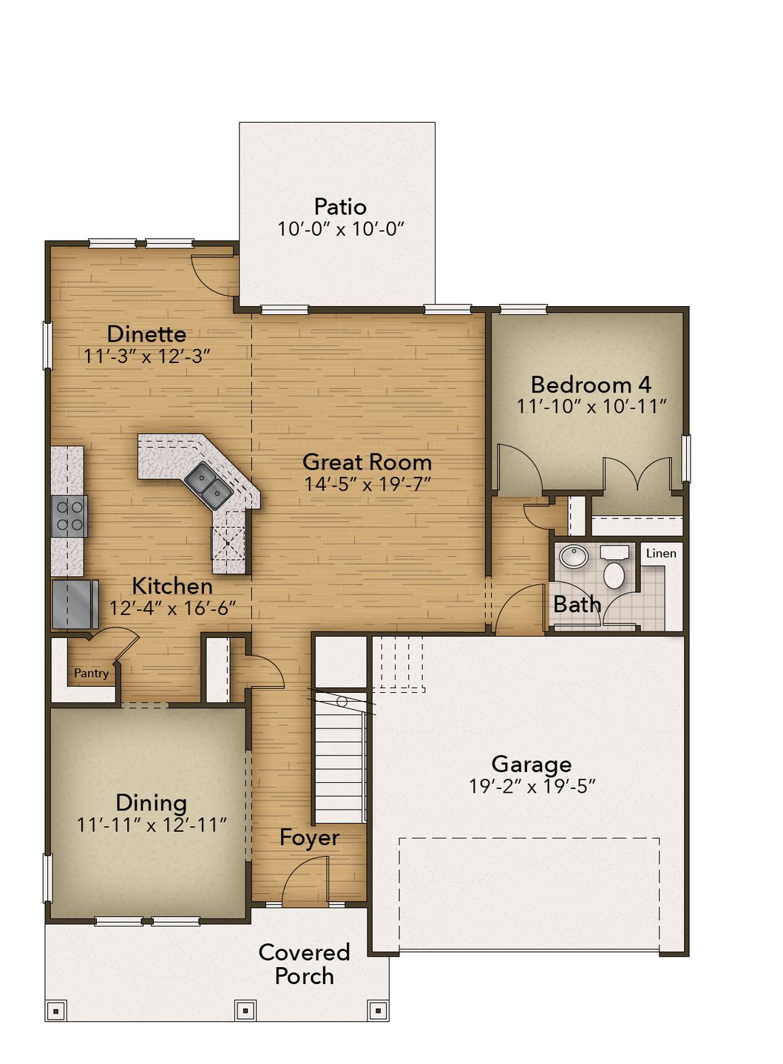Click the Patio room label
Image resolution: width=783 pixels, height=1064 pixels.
pos(340,206)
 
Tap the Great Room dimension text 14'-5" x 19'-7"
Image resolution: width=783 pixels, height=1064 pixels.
pos(367,484)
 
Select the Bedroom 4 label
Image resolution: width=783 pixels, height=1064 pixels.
pos(591,384)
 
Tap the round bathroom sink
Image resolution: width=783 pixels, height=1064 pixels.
pos(572,556)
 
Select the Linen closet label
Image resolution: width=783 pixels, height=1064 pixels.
pos(661,553)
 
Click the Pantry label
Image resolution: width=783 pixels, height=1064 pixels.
pos(91,674)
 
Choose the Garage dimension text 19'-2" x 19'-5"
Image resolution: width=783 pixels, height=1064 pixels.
pos(532,786)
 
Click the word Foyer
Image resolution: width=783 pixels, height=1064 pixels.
pos(309,838)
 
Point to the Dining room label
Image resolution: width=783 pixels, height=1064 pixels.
pos(151,803)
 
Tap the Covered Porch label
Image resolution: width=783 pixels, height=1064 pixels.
pos(304,964)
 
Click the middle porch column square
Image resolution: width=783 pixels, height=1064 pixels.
pos(245,1009)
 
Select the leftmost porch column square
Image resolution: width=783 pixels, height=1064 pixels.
pos(56,1009)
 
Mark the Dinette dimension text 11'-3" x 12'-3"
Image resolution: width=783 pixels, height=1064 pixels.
pos(147,356)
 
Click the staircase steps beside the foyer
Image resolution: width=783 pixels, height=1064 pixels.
pos(339,769)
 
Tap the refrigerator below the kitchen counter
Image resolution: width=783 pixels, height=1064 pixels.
pos(75,603)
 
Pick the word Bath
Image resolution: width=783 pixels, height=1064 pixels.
pos(577,605)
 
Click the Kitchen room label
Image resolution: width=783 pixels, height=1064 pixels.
pos(172,586)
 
